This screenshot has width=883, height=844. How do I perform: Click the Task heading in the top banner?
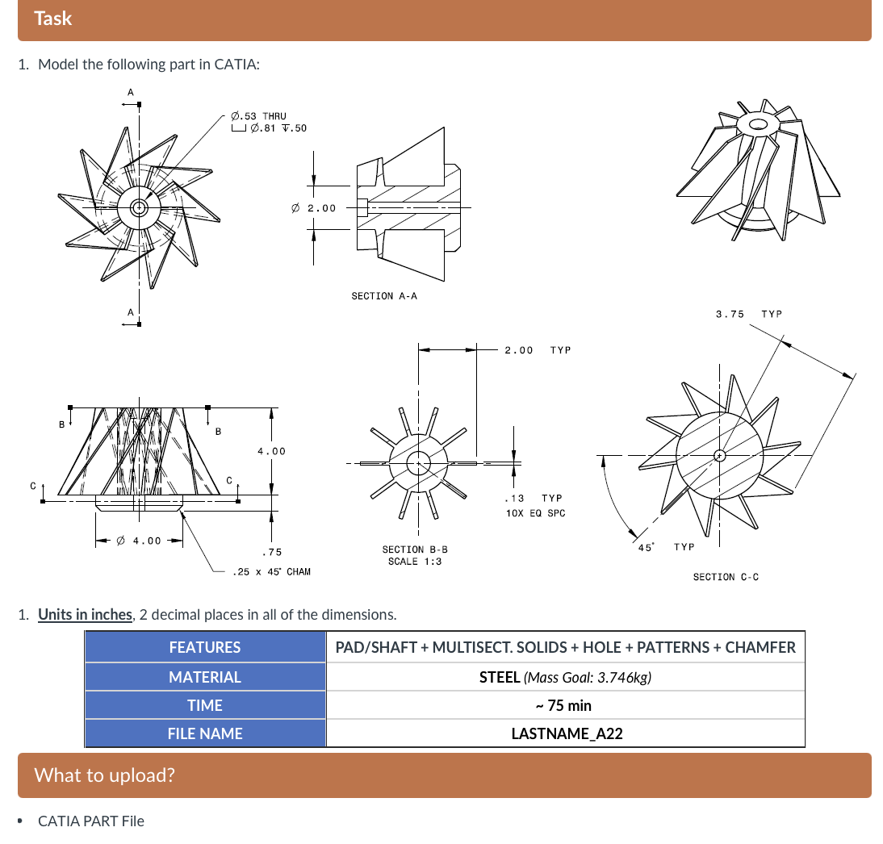coord(53,19)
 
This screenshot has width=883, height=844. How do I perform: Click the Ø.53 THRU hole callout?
coord(258,116)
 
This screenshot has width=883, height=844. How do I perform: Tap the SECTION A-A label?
coord(384,296)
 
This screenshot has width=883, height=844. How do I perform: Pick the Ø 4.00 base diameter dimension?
coord(139,541)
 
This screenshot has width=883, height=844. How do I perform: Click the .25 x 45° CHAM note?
coord(271,571)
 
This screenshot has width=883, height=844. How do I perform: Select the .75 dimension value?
coord(271,552)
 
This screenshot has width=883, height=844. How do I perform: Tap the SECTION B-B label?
coord(415,549)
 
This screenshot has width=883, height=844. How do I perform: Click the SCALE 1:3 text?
coord(415,561)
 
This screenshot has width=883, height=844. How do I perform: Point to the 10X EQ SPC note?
coord(536,513)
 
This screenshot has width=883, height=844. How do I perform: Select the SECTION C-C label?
coord(726,576)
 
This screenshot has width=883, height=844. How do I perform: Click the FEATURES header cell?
coord(205,647)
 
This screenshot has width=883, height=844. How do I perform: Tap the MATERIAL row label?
coord(205,677)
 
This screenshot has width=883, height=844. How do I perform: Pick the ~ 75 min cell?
coord(565,705)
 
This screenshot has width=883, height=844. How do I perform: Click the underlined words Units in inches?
coord(85,614)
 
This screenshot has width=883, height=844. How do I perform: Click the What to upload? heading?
coord(104,775)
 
